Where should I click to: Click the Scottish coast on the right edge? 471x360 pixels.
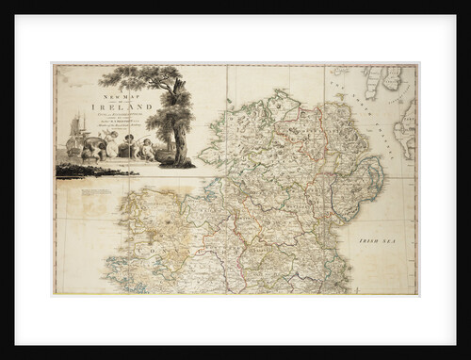(405, 132)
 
